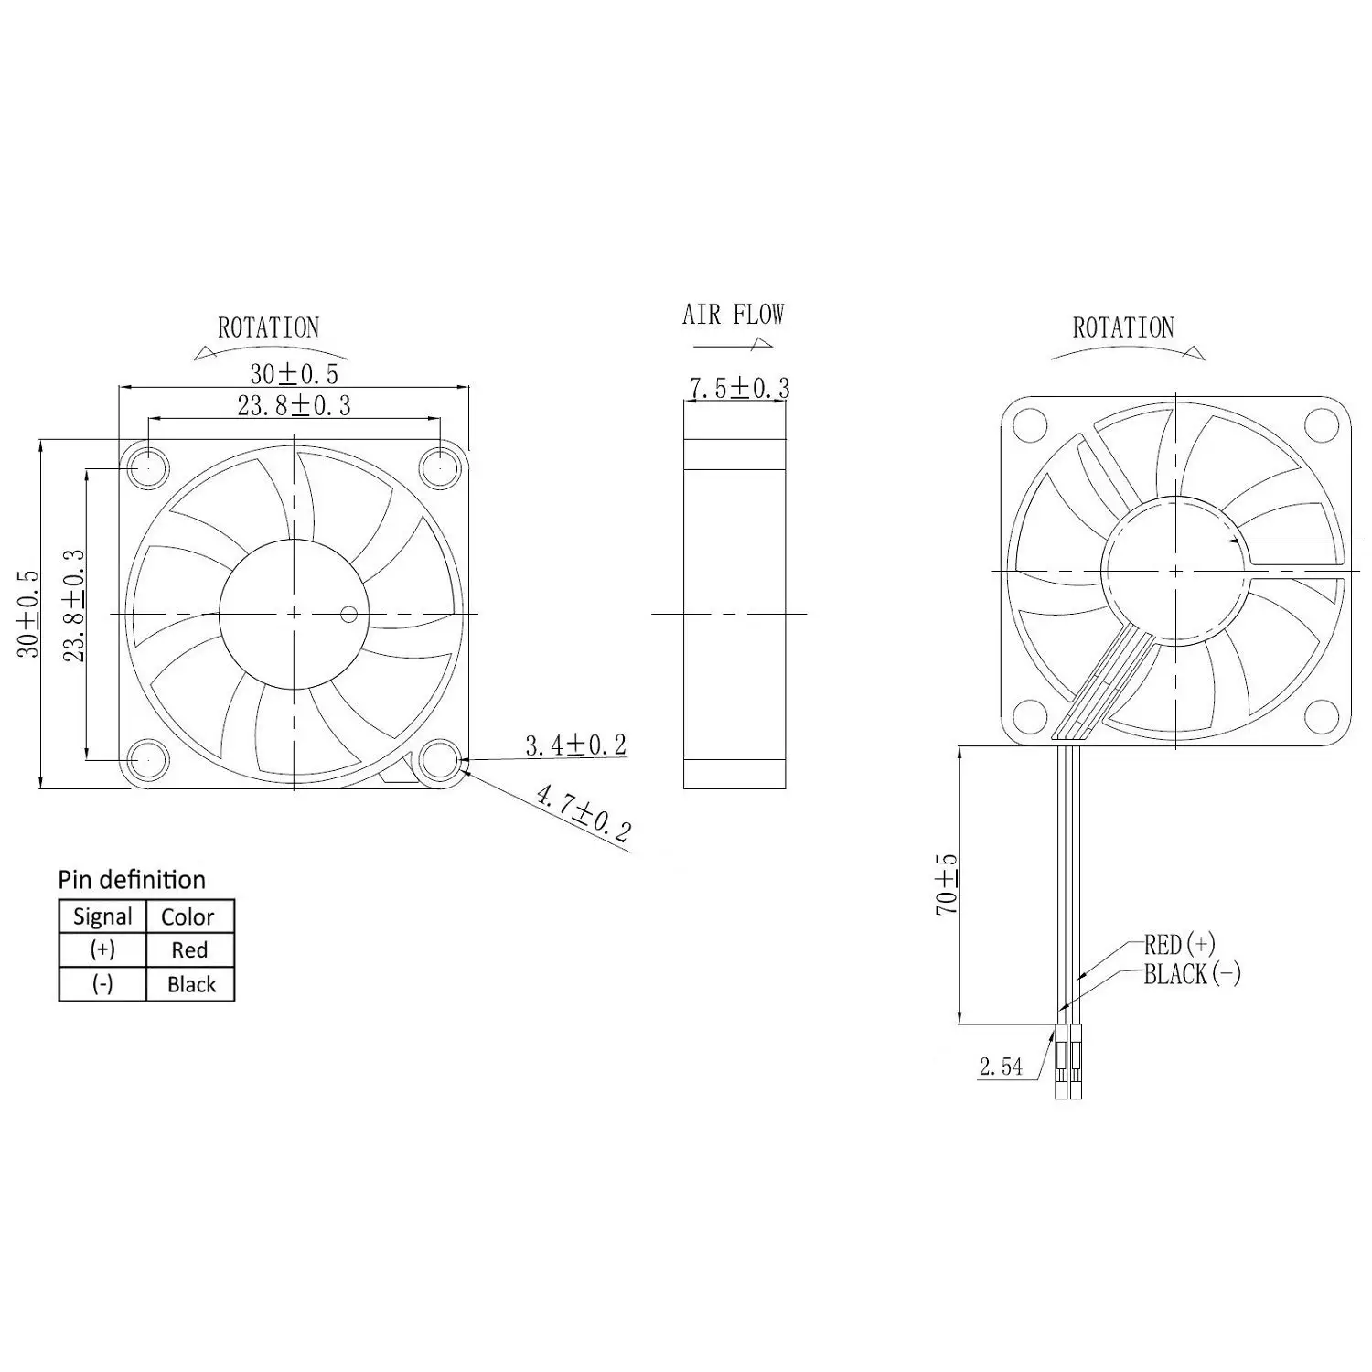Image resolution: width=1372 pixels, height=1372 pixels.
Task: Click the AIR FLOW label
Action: [734, 315]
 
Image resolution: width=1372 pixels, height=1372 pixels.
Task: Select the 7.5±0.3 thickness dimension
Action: [739, 388]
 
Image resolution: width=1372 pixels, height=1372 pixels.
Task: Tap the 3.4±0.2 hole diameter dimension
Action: [576, 745]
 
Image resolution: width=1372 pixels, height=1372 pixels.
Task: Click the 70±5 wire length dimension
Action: [947, 884]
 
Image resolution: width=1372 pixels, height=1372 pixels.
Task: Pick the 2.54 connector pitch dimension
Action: [1001, 1066]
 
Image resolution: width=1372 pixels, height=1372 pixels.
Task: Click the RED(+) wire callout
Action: [1180, 944]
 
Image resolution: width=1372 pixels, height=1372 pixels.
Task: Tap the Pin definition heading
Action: [132, 881]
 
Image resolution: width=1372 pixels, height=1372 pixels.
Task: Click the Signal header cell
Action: [102, 916]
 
